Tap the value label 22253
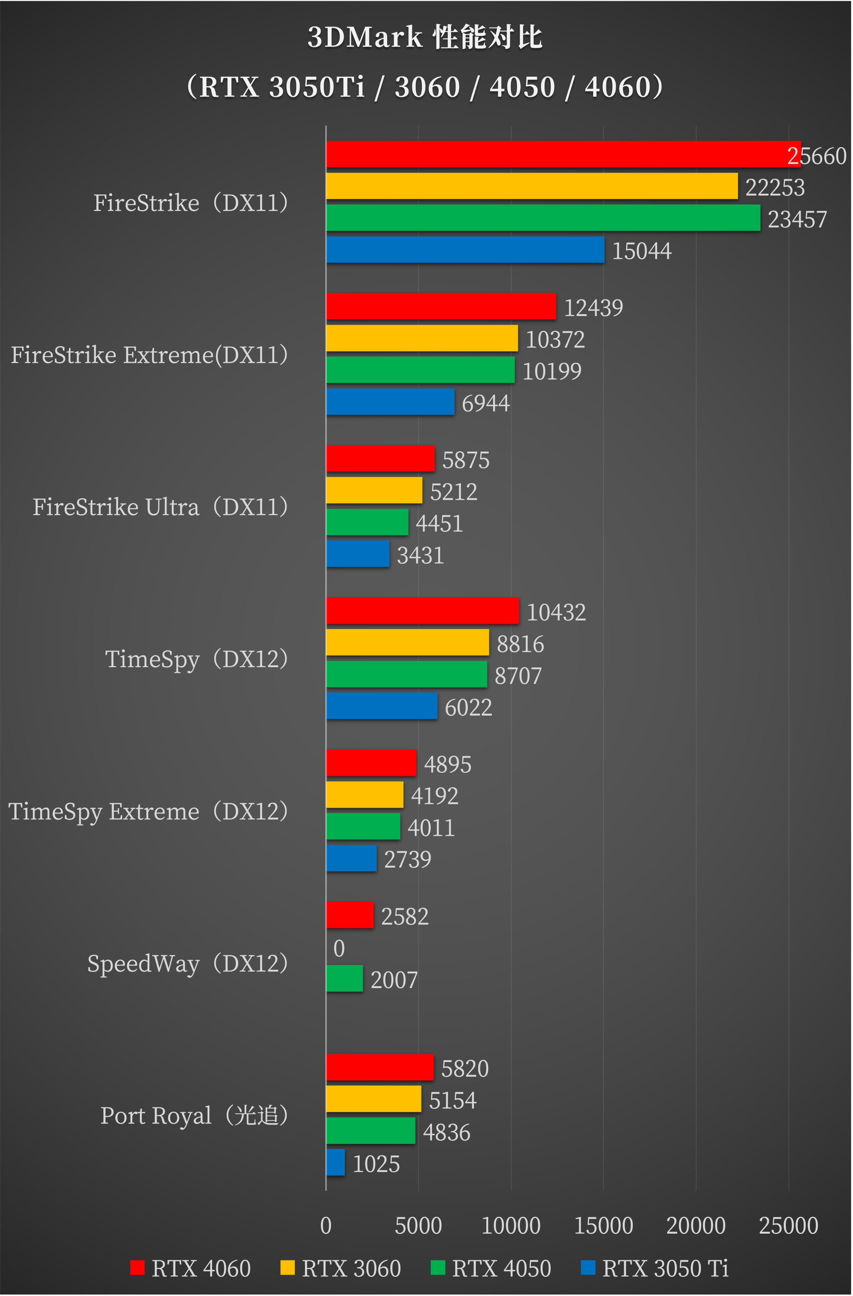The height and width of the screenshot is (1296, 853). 775,188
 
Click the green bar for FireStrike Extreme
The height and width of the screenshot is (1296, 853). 420,370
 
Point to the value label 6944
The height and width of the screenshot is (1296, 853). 485,403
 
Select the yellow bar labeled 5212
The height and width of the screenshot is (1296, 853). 374,490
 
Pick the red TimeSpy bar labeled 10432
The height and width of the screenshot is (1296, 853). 422,610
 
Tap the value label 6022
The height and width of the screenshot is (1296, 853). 468,708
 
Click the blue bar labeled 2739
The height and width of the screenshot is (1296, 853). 351,858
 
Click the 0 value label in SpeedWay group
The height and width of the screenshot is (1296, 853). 339,948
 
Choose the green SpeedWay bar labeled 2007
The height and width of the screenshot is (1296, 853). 344,979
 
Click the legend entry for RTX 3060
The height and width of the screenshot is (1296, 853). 341,1268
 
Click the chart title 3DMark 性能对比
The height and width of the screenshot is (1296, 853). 425,37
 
